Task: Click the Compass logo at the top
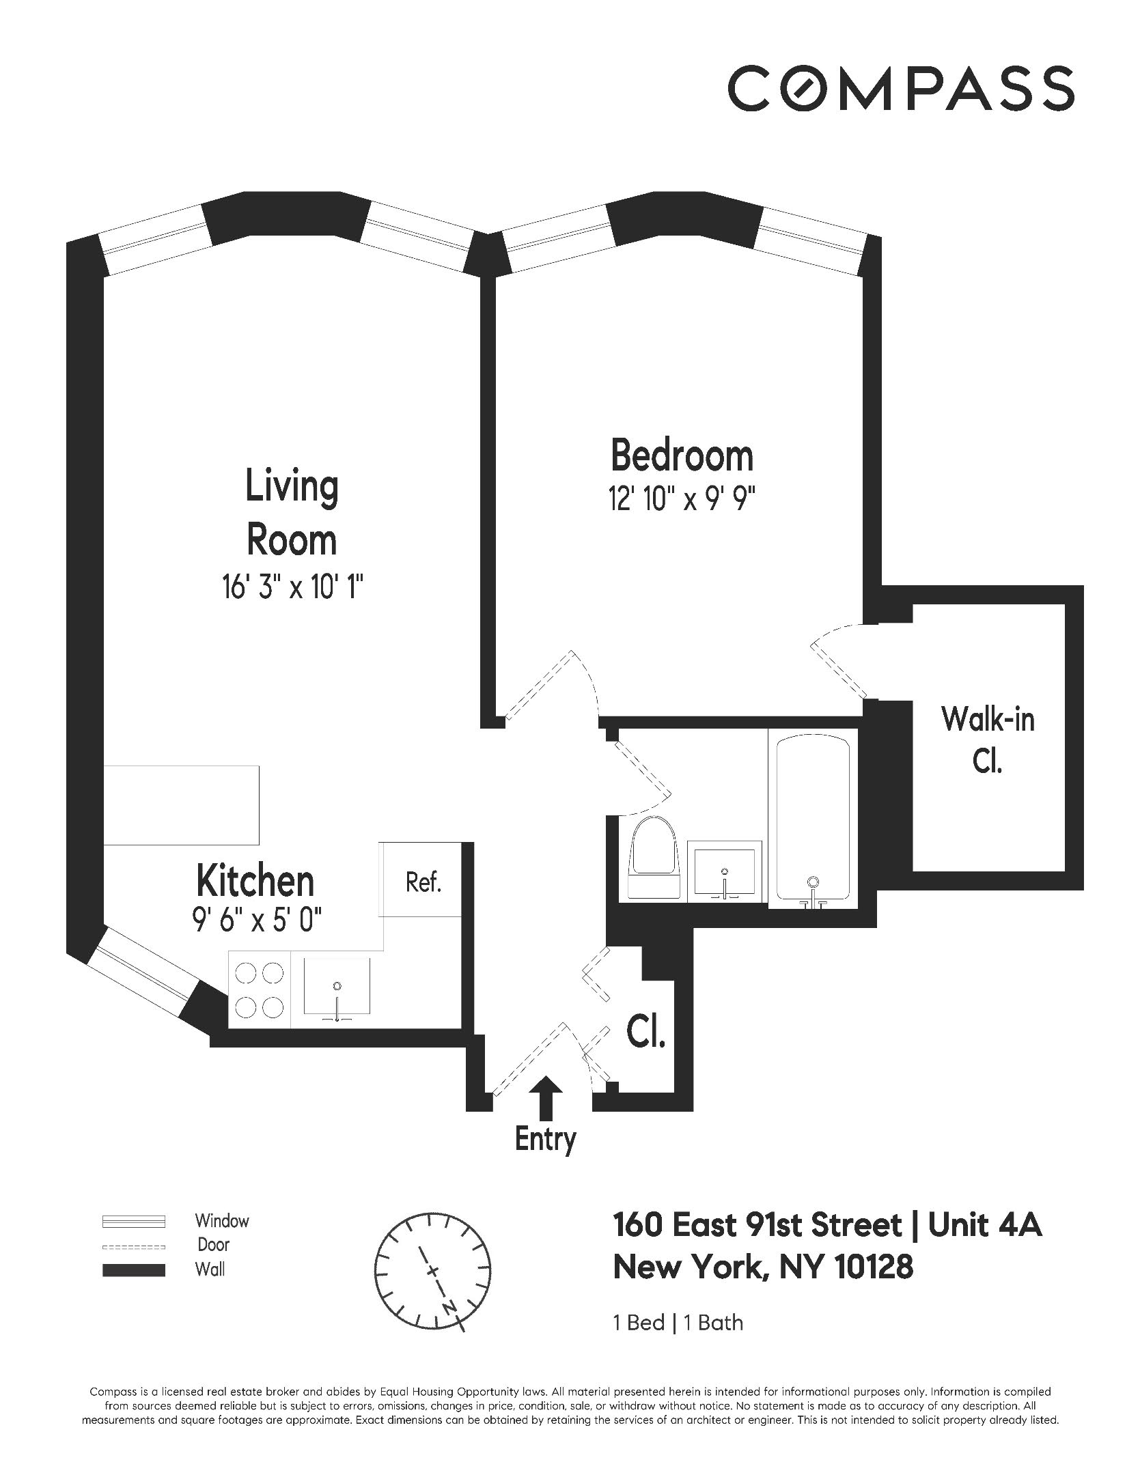coord(901,88)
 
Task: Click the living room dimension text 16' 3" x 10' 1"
coord(292,587)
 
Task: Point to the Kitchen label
coord(255,882)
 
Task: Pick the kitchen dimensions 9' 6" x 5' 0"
coord(256,921)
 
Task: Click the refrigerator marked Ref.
coord(423,883)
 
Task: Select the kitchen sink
coord(337,987)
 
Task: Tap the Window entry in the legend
coord(221,1220)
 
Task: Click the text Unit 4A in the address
coord(986,1225)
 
